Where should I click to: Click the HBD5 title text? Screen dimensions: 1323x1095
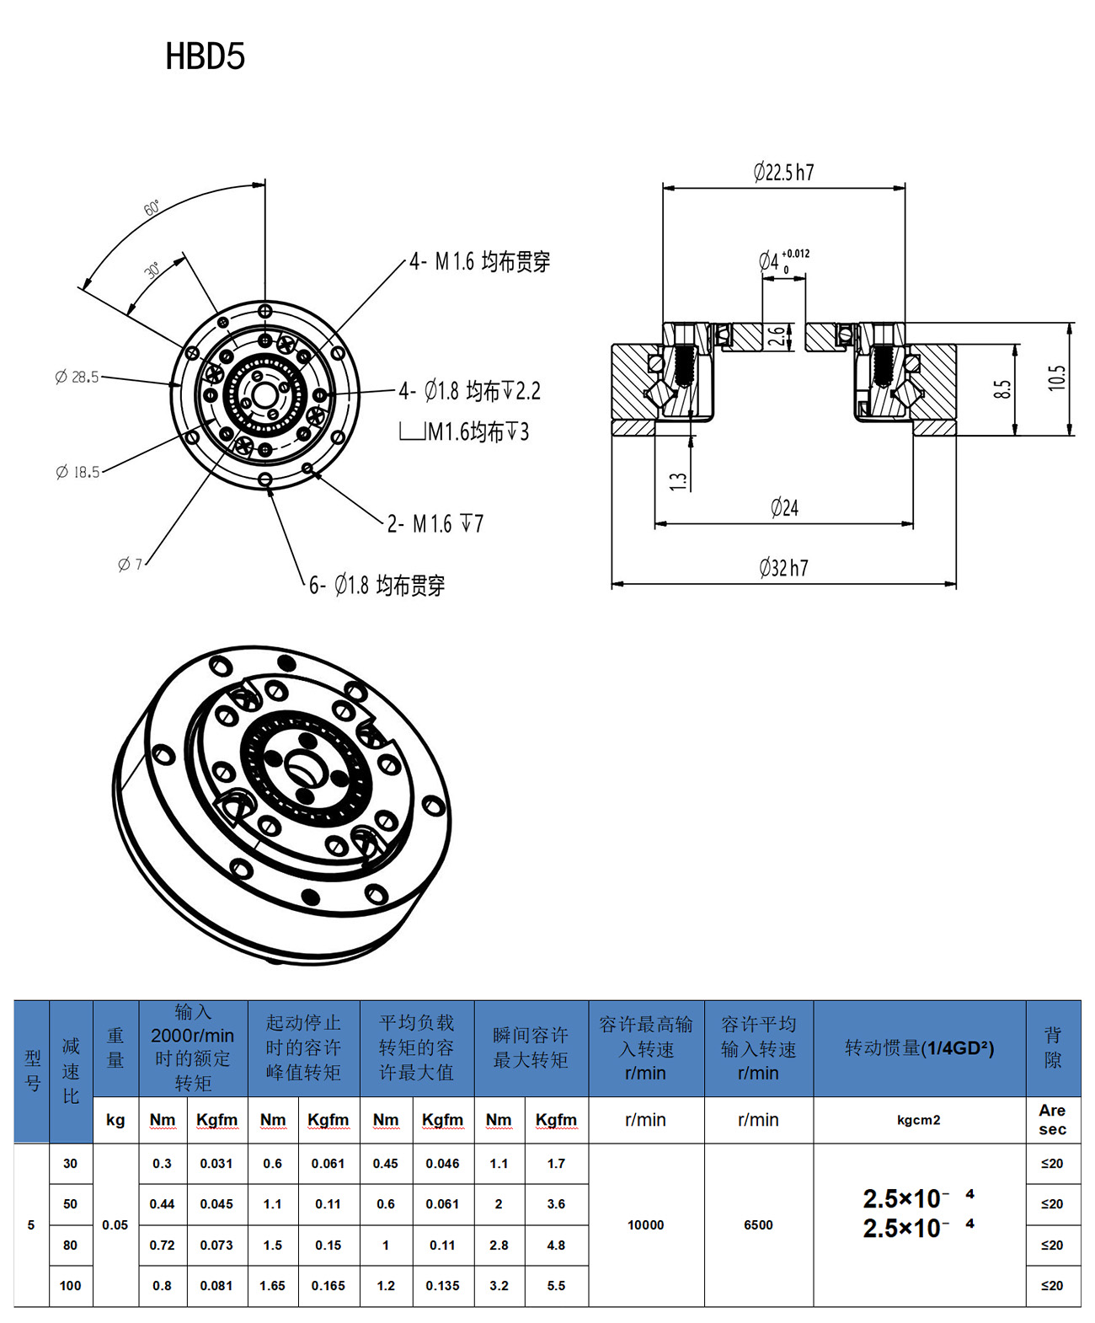[x=205, y=56]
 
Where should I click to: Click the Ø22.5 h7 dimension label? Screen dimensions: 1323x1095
[x=783, y=173]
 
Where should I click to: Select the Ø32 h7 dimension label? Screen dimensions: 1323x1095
[x=783, y=568]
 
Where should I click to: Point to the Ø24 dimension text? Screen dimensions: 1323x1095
[x=784, y=507]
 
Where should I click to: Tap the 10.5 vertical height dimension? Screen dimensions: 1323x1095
[x=1057, y=378]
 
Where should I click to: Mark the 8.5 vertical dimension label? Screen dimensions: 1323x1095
[x=1002, y=389]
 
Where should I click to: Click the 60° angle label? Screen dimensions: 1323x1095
[x=152, y=208]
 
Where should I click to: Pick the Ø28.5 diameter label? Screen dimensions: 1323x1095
[x=77, y=377]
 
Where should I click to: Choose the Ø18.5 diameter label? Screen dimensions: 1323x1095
[x=77, y=472]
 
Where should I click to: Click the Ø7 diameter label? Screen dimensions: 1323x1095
[x=131, y=564]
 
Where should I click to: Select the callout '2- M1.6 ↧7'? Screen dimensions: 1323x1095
[x=435, y=524]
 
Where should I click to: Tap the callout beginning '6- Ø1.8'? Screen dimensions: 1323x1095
[x=377, y=585]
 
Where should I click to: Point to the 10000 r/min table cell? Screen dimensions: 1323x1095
[x=646, y=1224]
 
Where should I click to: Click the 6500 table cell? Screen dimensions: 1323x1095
[x=758, y=1224]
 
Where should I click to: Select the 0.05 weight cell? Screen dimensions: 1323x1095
[x=115, y=1224]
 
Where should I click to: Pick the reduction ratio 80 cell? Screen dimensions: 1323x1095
[x=71, y=1245]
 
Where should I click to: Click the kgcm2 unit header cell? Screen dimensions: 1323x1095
[x=919, y=1120]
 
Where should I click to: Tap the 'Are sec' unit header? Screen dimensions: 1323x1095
[x=1052, y=1120]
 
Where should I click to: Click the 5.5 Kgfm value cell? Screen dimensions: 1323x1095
[x=556, y=1286]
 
